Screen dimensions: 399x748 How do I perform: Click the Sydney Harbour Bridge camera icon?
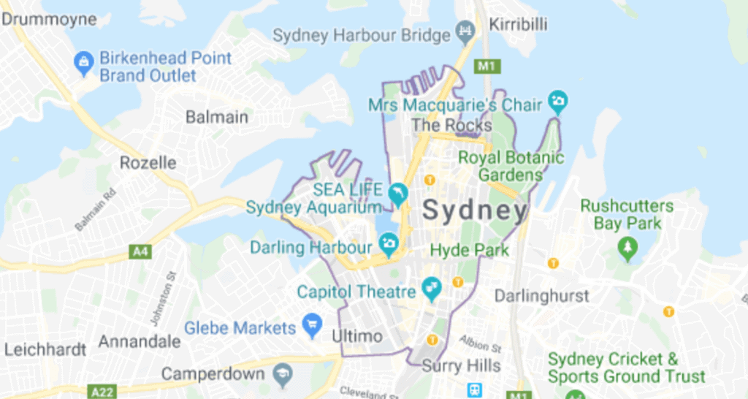pos(465,31)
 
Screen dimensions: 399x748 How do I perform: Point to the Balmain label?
pos(216,117)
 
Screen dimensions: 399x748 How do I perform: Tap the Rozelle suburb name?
pos(148,162)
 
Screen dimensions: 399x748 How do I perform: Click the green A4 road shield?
pos(140,252)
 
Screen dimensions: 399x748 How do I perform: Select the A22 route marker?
pos(104,392)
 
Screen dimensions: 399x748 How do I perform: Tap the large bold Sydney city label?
pos(475,211)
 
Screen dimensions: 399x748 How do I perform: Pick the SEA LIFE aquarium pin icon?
pos(397,194)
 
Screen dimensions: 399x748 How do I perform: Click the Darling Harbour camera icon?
pos(388,243)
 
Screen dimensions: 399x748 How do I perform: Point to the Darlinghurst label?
pos(542,296)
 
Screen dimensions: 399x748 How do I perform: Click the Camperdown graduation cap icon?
pos(282,376)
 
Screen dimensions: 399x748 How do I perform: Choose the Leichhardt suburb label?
pos(45,349)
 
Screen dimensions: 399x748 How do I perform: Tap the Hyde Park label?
pos(470,250)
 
